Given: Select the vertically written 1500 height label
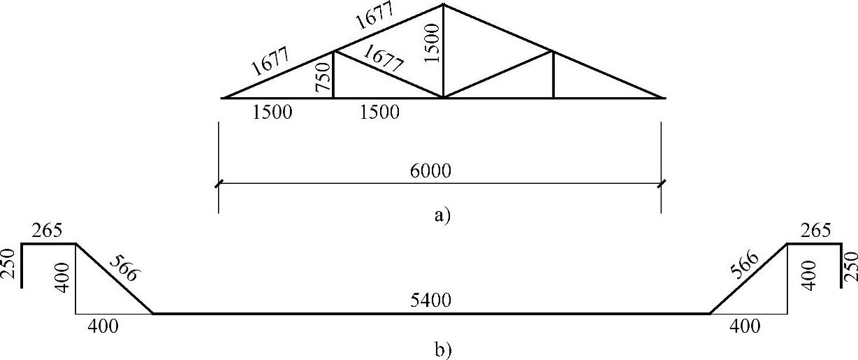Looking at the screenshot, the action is (x=433, y=43).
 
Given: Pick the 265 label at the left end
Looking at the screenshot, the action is (x=47, y=231).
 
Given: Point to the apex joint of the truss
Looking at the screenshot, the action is (x=443, y=5).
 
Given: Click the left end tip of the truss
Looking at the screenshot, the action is (x=223, y=98).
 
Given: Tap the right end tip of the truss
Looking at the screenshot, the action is (x=662, y=98).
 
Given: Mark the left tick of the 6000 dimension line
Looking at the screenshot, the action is (x=219, y=184).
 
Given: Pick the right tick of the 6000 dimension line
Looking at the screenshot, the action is (x=661, y=184).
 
